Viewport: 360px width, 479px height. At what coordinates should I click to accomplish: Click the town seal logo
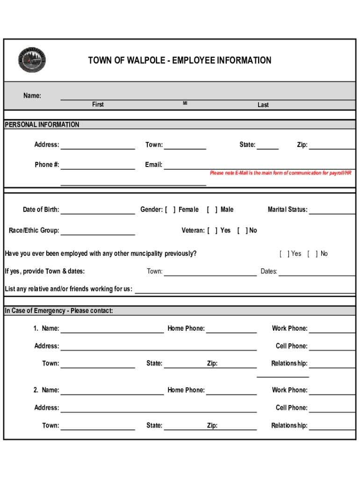click(32, 60)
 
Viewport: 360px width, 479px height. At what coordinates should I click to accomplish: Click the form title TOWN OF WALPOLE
click(180, 60)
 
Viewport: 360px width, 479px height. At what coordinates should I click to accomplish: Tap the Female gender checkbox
click(171, 210)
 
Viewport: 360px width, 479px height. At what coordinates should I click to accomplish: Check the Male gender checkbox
click(212, 210)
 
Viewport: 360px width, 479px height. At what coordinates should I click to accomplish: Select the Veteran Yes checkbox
click(212, 231)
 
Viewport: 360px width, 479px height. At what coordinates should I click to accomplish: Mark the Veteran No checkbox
click(242, 231)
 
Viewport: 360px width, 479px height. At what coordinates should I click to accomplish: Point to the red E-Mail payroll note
click(281, 173)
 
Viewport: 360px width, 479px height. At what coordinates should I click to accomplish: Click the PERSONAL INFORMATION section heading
click(42, 125)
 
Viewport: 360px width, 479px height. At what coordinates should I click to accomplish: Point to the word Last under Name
click(263, 105)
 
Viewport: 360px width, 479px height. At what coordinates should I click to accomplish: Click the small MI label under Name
click(185, 103)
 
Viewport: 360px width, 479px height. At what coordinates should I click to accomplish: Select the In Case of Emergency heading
click(59, 311)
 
